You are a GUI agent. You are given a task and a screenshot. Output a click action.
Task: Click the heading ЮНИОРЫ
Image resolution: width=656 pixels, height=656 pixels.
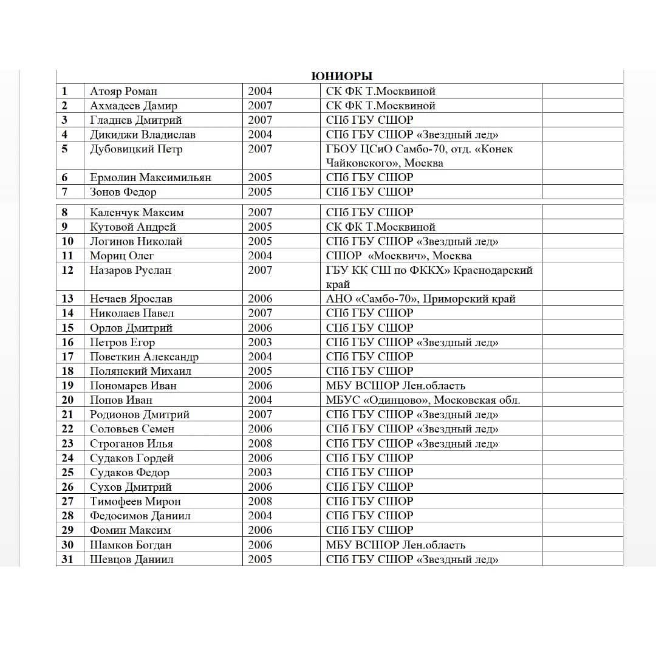click(x=341, y=76)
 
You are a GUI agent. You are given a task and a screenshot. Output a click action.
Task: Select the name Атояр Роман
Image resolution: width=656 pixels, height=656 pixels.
click(x=123, y=91)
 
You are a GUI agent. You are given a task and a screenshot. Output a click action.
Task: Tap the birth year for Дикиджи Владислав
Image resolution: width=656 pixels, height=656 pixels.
click(x=260, y=134)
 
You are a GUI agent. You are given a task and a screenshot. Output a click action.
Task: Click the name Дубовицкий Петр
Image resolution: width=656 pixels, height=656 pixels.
click(x=136, y=149)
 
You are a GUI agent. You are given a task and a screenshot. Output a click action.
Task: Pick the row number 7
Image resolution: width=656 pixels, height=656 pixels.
click(x=64, y=192)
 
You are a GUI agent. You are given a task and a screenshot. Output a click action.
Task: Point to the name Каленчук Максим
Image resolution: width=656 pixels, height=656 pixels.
click(x=137, y=213)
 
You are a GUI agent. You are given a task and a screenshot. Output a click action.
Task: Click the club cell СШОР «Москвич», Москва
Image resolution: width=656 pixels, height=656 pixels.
click(x=398, y=256)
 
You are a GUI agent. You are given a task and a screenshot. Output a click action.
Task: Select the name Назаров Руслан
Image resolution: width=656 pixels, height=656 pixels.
click(x=131, y=270)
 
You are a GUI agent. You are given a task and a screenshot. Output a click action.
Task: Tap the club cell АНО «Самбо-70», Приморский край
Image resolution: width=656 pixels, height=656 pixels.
click(x=420, y=299)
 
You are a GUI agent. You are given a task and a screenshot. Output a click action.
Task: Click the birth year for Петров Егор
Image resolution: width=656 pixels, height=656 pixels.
click(x=260, y=342)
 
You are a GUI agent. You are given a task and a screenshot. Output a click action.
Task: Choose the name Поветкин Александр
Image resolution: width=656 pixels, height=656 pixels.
click(x=144, y=357)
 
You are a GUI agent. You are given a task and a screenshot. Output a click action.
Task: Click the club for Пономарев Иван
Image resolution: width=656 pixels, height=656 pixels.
click(x=395, y=386)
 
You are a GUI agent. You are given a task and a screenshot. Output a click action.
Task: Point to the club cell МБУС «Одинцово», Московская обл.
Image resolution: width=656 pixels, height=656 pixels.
click(x=423, y=400)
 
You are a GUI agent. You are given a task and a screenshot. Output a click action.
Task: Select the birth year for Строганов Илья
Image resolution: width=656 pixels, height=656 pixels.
click(x=260, y=443)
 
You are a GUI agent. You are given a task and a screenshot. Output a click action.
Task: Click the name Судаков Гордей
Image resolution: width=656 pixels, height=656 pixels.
click(x=132, y=458)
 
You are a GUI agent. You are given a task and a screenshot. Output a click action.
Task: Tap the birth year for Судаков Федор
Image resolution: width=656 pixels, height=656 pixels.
click(x=260, y=473)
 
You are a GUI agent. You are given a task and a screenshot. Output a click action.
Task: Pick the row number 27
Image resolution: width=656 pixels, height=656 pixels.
click(x=67, y=501)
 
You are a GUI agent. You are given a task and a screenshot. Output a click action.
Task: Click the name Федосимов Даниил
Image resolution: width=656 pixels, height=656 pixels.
click(x=140, y=516)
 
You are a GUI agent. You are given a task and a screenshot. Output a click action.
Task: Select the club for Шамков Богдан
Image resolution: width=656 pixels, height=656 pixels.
click(x=395, y=545)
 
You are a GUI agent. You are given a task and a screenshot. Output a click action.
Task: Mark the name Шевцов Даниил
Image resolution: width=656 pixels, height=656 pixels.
click(x=131, y=559)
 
